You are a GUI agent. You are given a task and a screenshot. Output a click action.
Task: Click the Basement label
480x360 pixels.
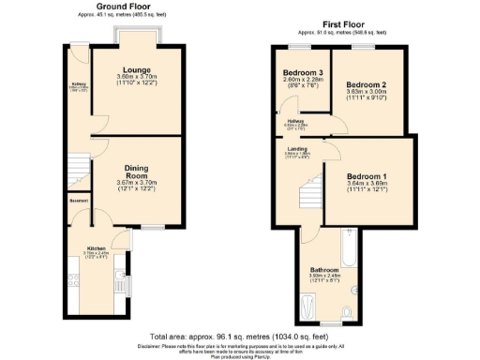pyautogui.click(x=79, y=201)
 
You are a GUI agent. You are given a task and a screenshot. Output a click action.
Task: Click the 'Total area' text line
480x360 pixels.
pyautogui.click(x=240, y=335)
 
